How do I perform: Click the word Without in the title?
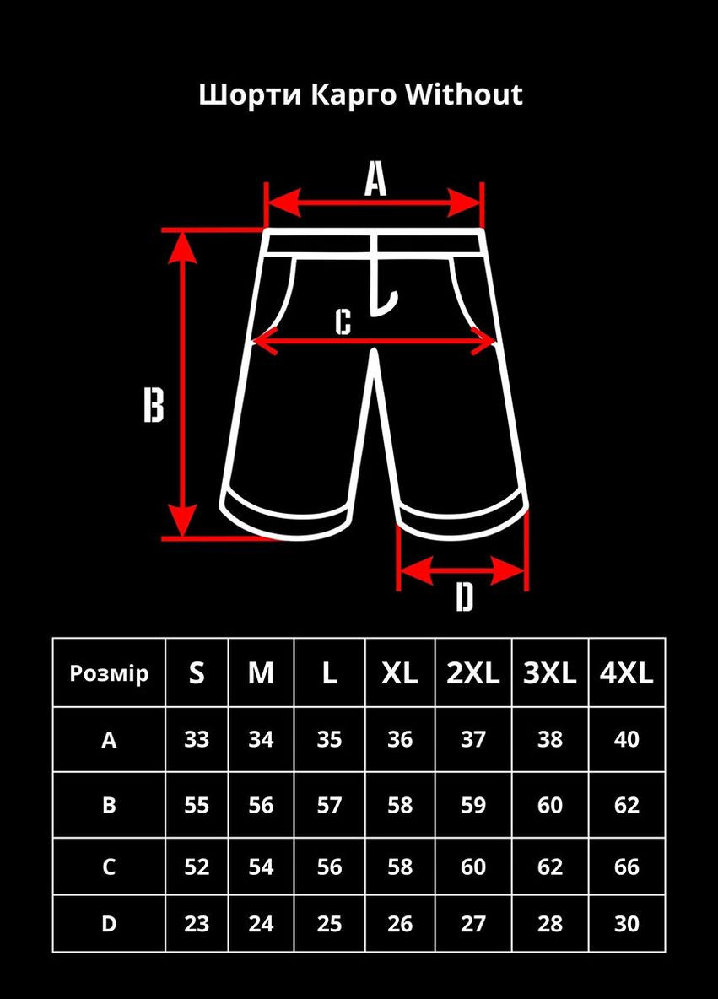coord(464,94)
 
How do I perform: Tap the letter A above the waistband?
coord(375,178)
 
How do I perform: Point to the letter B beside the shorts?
coord(154,404)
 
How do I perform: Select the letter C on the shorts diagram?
coord(343,321)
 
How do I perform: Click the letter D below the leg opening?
coord(465,597)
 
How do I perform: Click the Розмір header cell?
coord(109,672)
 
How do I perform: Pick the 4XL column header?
coord(626,672)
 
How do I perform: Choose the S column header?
coord(197,672)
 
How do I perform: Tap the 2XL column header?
coord(472,672)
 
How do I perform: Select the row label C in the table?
coord(109,867)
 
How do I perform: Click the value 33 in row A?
coord(197,739)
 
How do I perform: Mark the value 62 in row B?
coord(626,805)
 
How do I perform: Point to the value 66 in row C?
coord(626,867)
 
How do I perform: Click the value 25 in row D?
coord(329,924)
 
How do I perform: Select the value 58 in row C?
coord(400,867)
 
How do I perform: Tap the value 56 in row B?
coord(262,805)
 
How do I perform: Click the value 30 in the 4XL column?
coord(626,924)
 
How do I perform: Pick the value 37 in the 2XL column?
coord(472,739)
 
